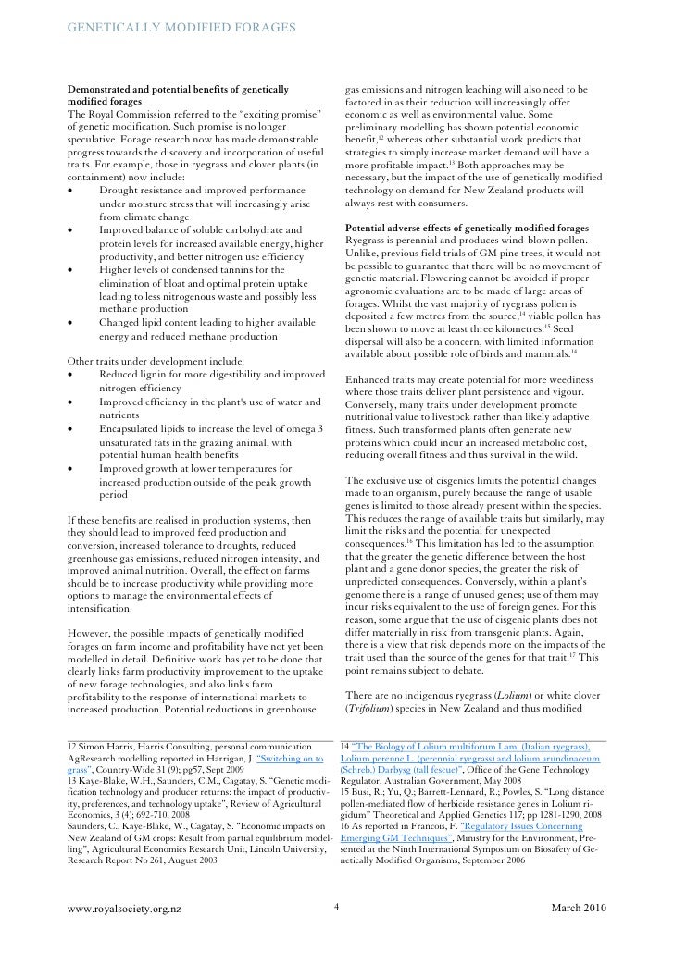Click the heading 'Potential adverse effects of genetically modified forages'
click(x=473, y=228)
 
